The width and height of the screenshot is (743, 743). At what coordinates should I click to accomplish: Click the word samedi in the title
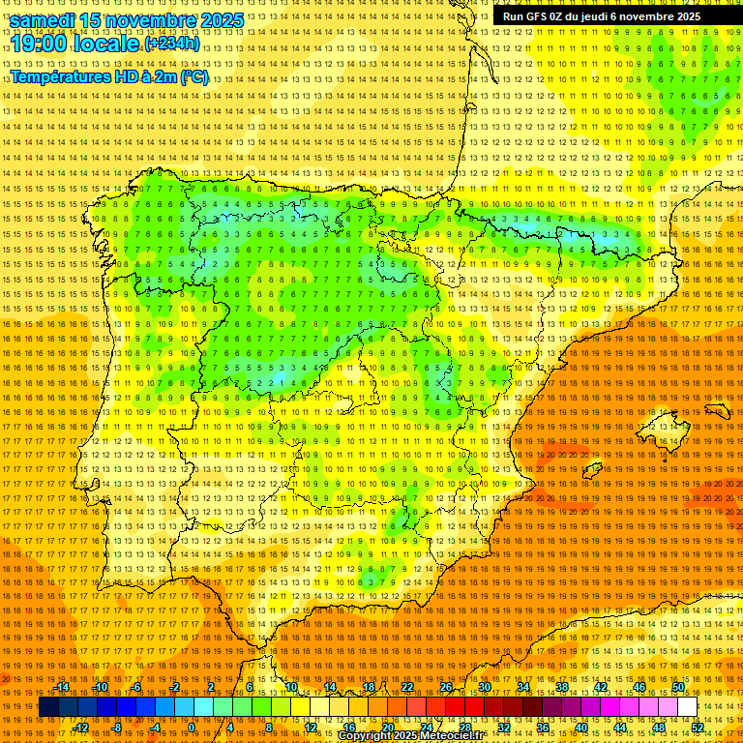tap(44, 20)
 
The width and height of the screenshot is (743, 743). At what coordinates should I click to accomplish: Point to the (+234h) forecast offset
tap(172, 44)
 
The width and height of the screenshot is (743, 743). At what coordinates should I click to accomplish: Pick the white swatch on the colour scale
tap(687, 707)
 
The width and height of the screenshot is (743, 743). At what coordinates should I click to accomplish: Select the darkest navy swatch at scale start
tap(48, 707)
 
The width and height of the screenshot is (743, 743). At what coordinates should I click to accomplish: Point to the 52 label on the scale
tap(698, 728)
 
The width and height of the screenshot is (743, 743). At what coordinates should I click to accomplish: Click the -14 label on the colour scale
tap(62, 687)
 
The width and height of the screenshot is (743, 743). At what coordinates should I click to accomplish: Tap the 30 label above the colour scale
tap(484, 687)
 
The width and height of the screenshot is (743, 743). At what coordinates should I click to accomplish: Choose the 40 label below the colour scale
tap(580, 728)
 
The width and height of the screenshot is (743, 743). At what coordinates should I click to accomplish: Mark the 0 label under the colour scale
tap(193, 728)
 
